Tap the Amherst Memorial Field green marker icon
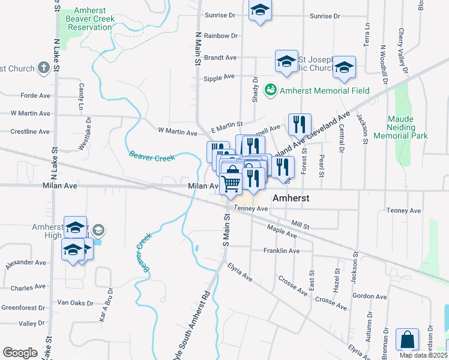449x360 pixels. (x=271, y=91)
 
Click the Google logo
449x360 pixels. (x=20, y=352)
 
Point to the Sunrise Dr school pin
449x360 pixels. (x=260, y=11)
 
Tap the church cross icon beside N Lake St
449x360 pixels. (x=44, y=68)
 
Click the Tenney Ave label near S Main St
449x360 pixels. (x=250, y=208)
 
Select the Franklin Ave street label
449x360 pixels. (x=281, y=251)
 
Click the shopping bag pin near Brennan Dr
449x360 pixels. (x=408, y=340)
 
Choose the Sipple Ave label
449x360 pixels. (x=218, y=77)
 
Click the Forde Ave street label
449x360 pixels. (x=35, y=95)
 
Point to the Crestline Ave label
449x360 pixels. (x=30, y=131)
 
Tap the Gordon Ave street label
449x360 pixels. (x=369, y=296)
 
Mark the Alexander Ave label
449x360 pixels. (x=26, y=263)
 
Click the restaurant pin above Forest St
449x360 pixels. (x=299, y=125)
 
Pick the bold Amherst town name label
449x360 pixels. (x=291, y=197)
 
